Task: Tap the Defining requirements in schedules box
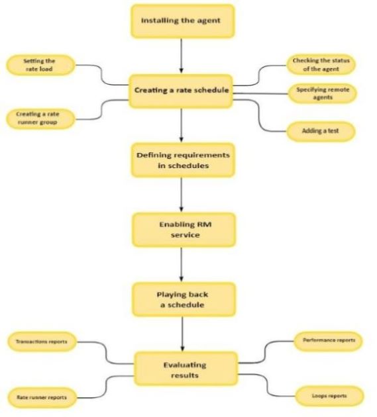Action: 182,160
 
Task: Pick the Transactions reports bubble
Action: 42,342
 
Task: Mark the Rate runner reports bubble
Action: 42,397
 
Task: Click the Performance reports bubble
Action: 328,341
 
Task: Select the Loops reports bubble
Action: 329,396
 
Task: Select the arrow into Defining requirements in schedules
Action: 182,126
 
